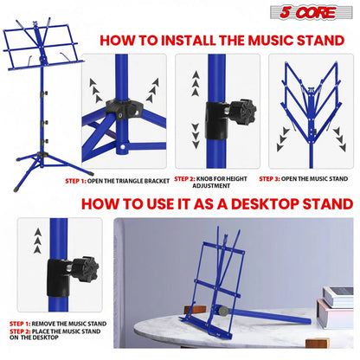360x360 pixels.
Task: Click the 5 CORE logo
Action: [x=312, y=12]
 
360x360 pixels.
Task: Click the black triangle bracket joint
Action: [x=124, y=110]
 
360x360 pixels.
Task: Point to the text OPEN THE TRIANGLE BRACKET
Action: [x=128, y=181]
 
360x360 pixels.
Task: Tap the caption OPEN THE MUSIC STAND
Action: [x=314, y=179]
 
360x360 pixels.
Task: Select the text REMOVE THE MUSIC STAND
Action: [x=69, y=324]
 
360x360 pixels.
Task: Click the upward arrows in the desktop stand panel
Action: [x=37, y=241]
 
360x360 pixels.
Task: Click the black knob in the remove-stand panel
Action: [x=85, y=269]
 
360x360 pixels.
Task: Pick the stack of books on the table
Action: [x=336, y=306]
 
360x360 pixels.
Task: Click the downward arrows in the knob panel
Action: [x=196, y=136]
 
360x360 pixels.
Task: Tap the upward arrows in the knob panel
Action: [x=196, y=84]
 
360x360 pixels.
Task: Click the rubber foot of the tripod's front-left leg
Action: [x=16, y=190]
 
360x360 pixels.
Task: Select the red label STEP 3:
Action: [x=269, y=179]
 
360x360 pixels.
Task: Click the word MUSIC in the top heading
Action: [x=270, y=41]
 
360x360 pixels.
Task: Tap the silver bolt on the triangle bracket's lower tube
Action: [x=123, y=147]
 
